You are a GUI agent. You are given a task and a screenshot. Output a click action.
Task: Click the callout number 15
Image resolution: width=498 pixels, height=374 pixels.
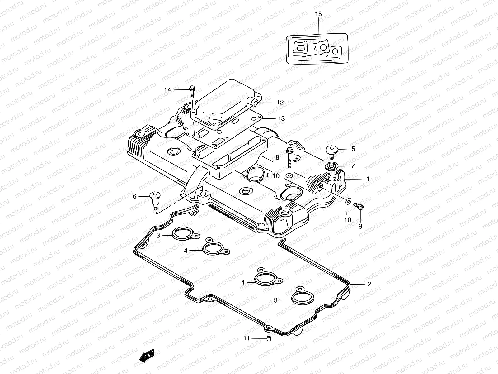pos(318,14)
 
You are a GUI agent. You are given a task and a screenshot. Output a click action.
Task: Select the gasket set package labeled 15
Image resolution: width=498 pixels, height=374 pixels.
pos(317,49)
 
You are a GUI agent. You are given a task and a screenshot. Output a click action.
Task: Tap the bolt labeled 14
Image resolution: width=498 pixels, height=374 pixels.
pos(192,90)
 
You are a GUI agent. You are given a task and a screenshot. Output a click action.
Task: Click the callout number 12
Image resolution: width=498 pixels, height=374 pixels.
pos(280,102)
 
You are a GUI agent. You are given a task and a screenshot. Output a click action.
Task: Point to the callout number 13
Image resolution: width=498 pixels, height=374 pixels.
pos(281,119)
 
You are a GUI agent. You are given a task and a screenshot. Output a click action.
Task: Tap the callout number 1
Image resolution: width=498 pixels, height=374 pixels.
pos(368,179)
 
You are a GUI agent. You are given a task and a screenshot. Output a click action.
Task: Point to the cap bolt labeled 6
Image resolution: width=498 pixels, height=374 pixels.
pos(155,199)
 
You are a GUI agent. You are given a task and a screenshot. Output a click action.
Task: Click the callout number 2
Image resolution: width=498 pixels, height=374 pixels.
pos(369,284)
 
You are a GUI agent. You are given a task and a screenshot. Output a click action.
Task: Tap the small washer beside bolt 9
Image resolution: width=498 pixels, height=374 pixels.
pos(348,201)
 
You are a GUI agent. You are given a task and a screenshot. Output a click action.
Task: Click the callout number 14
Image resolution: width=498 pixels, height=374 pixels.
pos(168,90)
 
